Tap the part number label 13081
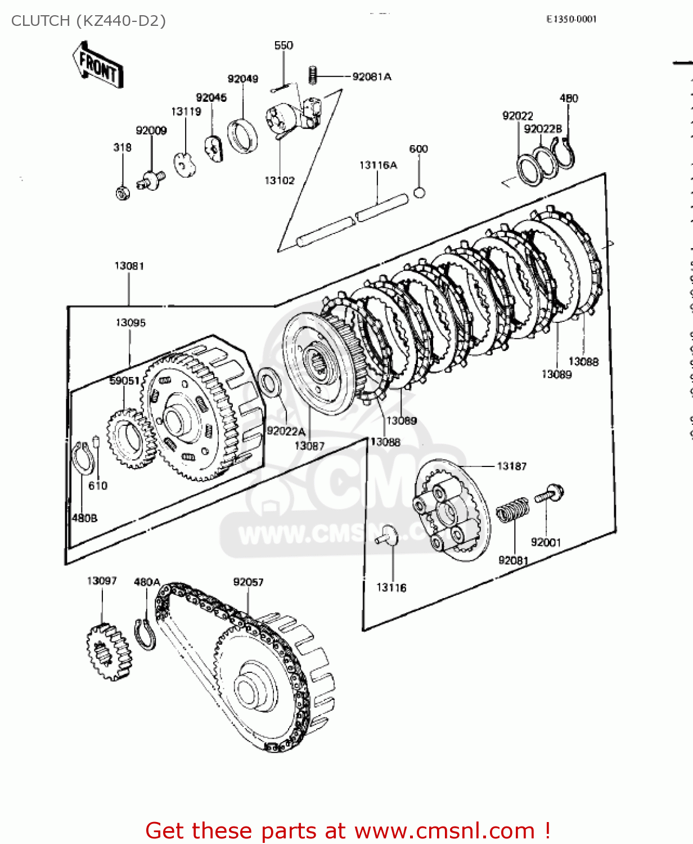point(129,266)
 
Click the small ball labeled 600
point(419,192)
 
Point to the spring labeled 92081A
point(313,75)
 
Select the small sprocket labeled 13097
point(109,652)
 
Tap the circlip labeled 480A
point(145,635)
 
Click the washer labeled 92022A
point(270,383)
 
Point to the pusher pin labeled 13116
point(387,536)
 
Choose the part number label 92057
point(248,582)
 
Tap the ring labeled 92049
point(243,136)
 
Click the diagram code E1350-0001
point(571,19)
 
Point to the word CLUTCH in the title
point(40,21)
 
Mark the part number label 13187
point(511,466)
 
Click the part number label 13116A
point(378,165)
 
